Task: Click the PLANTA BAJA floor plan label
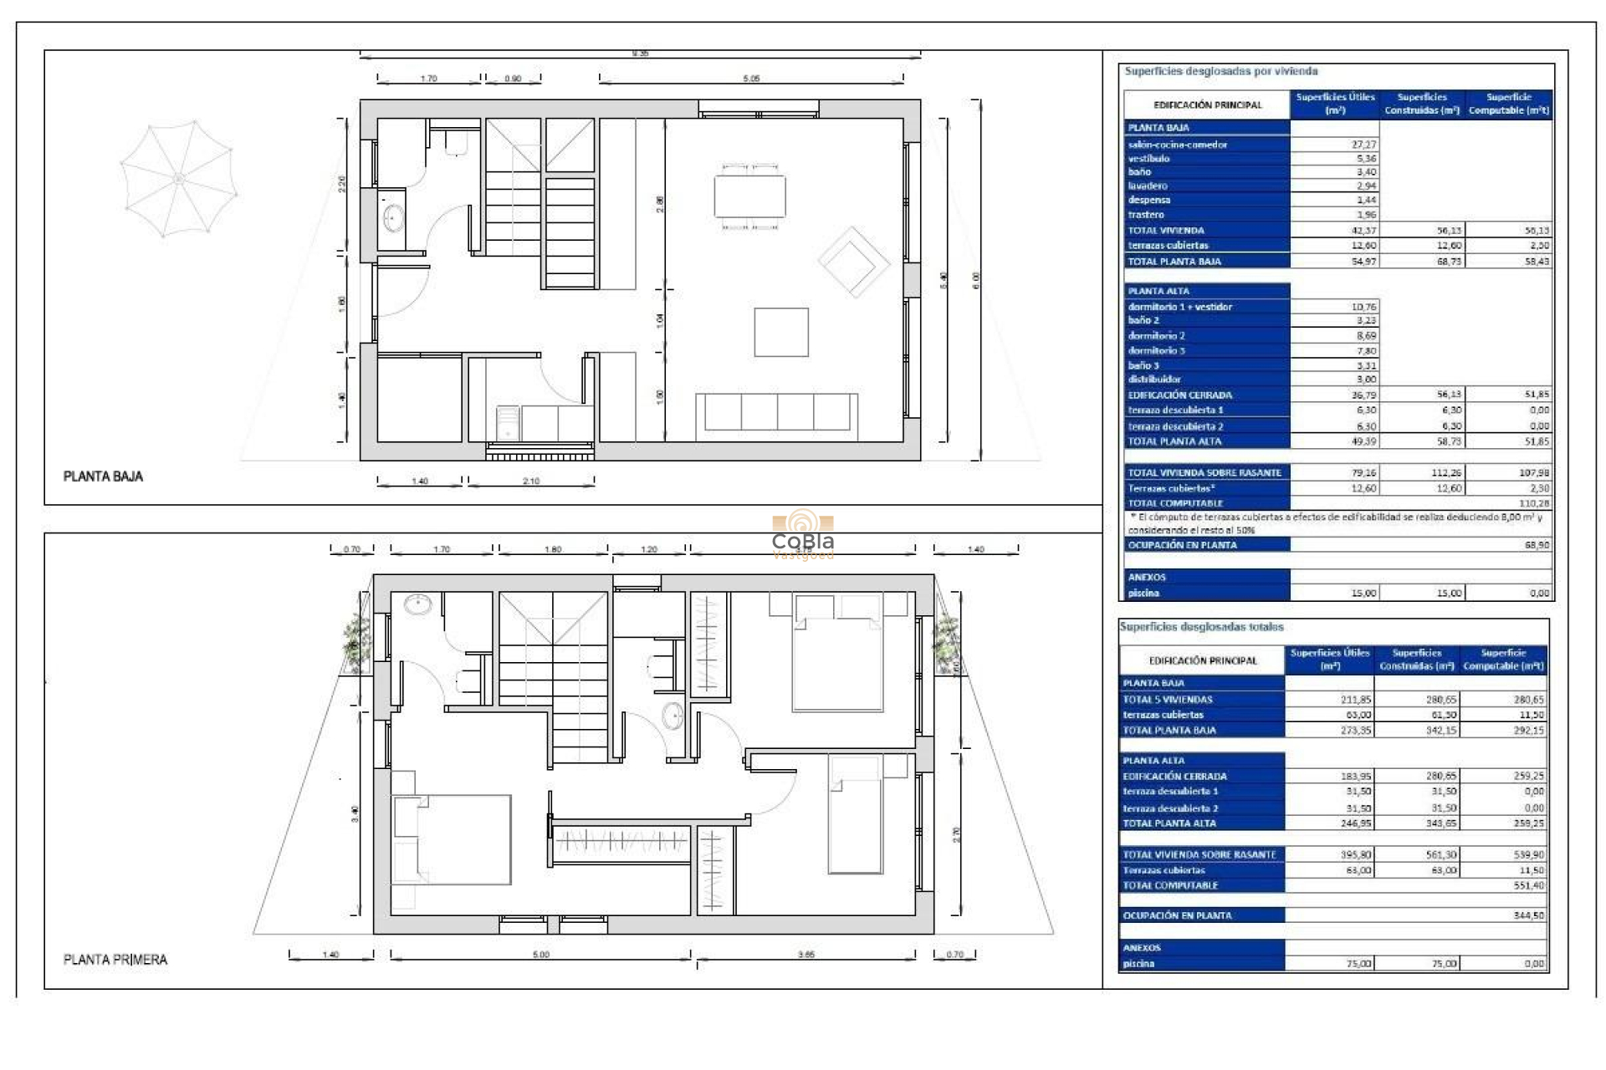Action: (103, 476)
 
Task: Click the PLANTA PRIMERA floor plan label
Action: (115, 960)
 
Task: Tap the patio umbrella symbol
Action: (177, 179)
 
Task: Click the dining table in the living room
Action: (749, 196)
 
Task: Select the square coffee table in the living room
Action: (780, 332)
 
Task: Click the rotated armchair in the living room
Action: (853, 262)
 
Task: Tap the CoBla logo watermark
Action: (803, 535)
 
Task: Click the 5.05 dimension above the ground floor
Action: (751, 79)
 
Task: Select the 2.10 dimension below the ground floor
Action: (531, 481)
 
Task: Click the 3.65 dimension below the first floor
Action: (806, 955)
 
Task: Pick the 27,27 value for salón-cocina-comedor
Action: (1363, 145)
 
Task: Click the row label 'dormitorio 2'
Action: (1156, 336)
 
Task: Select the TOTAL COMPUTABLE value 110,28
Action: (1533, 503)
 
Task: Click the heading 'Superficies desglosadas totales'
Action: (1201, 627)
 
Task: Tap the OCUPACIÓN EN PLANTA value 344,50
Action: (1528, 916)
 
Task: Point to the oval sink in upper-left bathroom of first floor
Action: (417, 603)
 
